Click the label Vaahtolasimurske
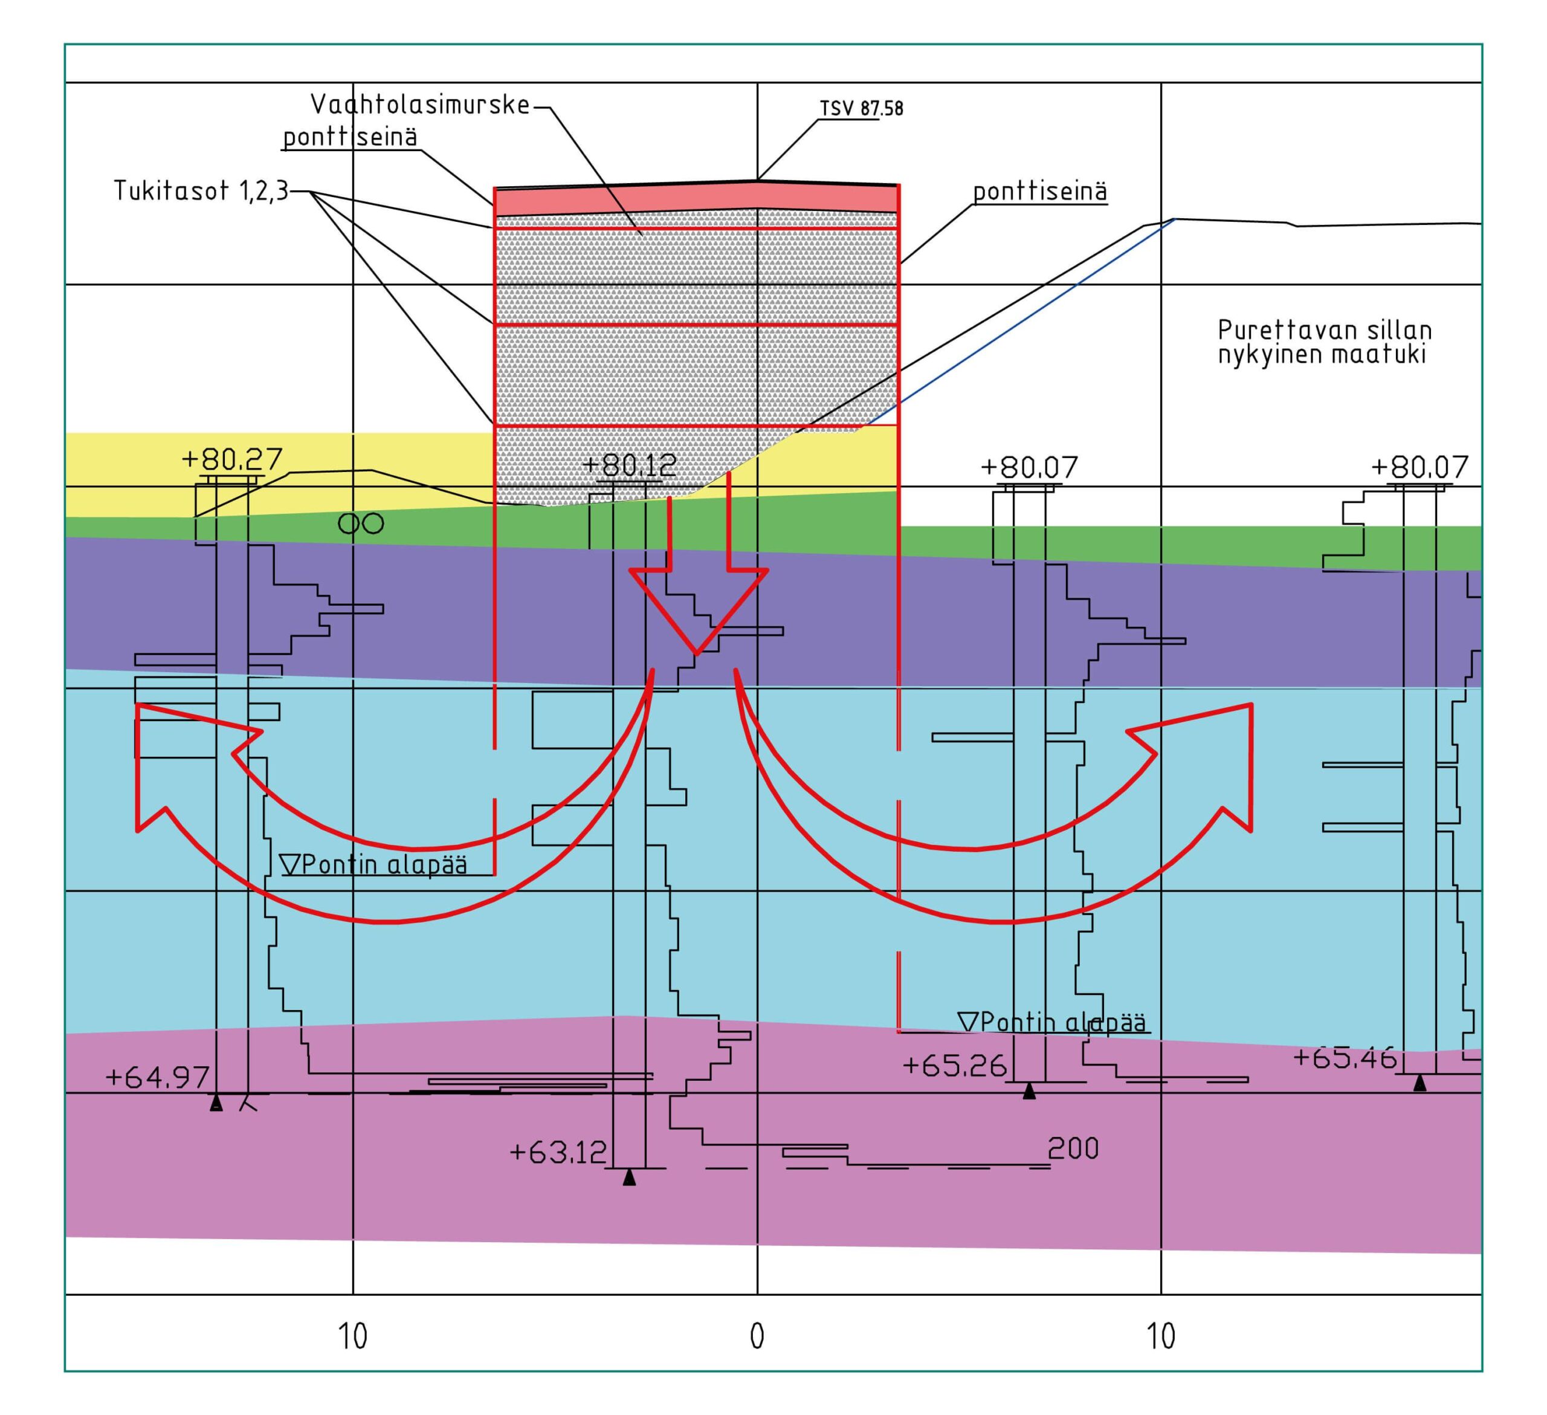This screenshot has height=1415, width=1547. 420,105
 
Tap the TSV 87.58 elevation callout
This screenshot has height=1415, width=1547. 861,108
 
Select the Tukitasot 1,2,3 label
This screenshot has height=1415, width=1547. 201,190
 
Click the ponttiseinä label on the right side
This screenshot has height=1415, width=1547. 1040,191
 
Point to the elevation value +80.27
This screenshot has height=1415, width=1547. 231,459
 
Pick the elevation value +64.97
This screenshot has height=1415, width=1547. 157,1077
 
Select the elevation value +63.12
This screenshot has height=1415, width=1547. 558,1153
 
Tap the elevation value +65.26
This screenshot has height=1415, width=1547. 954,1065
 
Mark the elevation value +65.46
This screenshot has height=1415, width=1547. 1345,1058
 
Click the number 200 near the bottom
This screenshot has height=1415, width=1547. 1073,1148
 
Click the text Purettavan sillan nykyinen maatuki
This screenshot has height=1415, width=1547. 1325,342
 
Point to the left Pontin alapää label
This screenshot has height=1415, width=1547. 373,865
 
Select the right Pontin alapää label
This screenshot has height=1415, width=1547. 1053,1022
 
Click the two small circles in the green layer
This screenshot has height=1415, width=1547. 361,523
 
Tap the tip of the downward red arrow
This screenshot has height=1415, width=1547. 697,654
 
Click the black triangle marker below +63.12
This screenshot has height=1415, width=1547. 629,1177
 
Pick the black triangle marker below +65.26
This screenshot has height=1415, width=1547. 1029,1090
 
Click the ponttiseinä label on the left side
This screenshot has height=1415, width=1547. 350,137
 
